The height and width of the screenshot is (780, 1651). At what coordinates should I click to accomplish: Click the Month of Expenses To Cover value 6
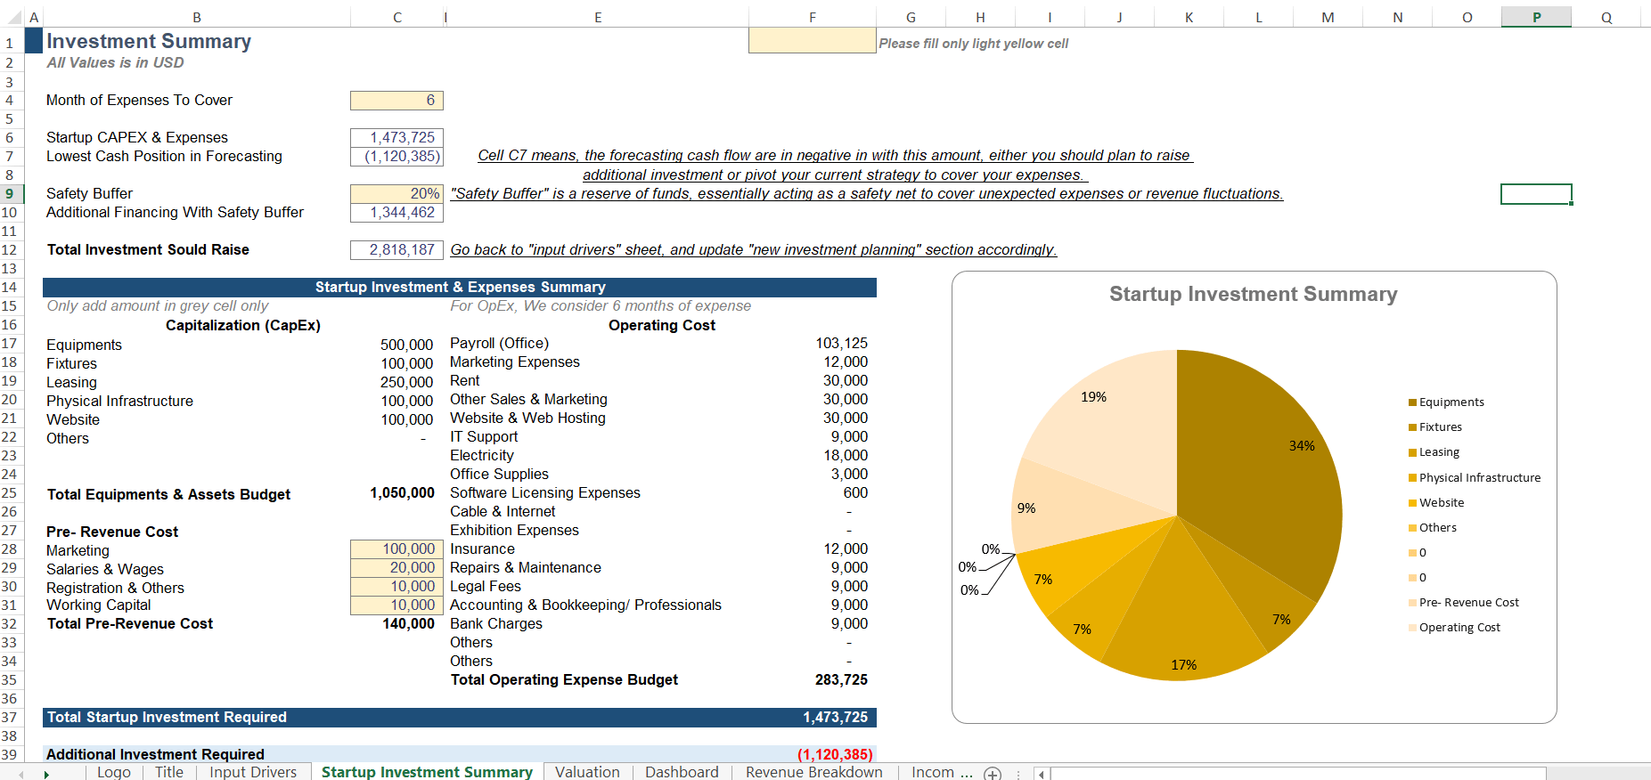click(396, 101)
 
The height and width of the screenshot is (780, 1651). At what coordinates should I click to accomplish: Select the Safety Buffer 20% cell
click(396, 194)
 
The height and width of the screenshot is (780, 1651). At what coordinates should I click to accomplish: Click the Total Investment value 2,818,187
click(396, 250)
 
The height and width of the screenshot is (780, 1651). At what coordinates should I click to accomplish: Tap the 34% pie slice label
click(1302, 446)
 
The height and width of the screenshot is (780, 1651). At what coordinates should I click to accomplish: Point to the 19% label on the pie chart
click(1093, 397)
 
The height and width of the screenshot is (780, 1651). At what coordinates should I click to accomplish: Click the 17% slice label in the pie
click(1183, 665)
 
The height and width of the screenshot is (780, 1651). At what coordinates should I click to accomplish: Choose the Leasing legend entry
click(1438, 452)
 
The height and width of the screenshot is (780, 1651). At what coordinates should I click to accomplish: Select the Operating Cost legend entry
click(1459, 628)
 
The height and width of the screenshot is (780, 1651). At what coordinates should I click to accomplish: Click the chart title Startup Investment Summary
click(1253, 295)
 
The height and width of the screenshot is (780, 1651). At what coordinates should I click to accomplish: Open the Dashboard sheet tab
click(682, 772)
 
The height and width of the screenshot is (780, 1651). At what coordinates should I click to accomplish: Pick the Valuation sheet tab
click(587, 772)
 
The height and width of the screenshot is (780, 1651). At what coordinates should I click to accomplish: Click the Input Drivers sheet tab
click(253, 772)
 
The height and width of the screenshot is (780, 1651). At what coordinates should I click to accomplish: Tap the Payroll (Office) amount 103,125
click(841, 344)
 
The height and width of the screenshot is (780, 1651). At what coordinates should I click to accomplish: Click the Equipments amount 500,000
click(406, 345)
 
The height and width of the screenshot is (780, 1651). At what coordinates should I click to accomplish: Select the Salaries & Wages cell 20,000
click(396, 568)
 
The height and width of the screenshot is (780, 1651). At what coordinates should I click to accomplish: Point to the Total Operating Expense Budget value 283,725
click(841, 680)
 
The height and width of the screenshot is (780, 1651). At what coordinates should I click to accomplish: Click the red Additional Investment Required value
click(835, 755)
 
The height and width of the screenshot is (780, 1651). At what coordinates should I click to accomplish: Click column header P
click(1536, 17)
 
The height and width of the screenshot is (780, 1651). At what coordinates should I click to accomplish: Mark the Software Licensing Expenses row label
click(544, 493)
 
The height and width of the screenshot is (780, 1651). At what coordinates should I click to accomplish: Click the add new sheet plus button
click(993, 773)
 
